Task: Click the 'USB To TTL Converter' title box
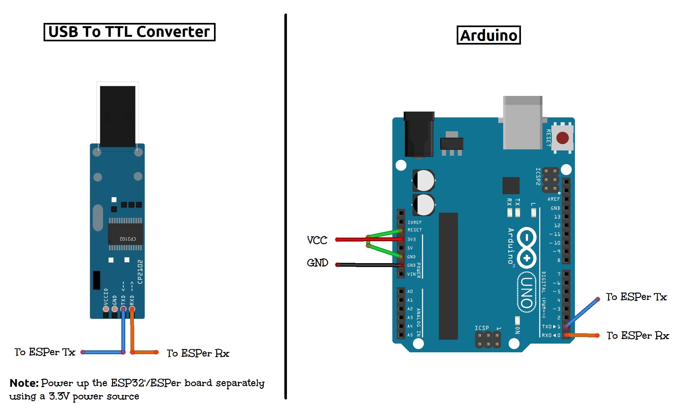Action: point(129,32)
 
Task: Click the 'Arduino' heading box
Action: point(488,35)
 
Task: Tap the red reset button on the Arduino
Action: point(562,138)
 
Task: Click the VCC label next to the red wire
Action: point(317,240)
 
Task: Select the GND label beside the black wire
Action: point(317,263)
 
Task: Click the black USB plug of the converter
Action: point(117,116)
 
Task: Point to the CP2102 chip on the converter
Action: point(125,234)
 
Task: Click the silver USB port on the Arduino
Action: point(522,123)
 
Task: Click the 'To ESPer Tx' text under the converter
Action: point(45,352)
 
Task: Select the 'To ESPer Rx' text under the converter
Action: point(198,353)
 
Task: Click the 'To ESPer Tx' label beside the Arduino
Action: point(636,297)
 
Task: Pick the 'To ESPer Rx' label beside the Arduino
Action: point(638,335)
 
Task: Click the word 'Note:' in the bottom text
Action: point(24,383)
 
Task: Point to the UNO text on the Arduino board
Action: point(526,293)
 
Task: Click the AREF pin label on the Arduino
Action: point(554,199)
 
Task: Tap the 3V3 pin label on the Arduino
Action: point(411,240)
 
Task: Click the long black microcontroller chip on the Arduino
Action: point(448,276)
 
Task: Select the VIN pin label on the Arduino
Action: point(411,274)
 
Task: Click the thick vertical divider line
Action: point(286,207)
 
